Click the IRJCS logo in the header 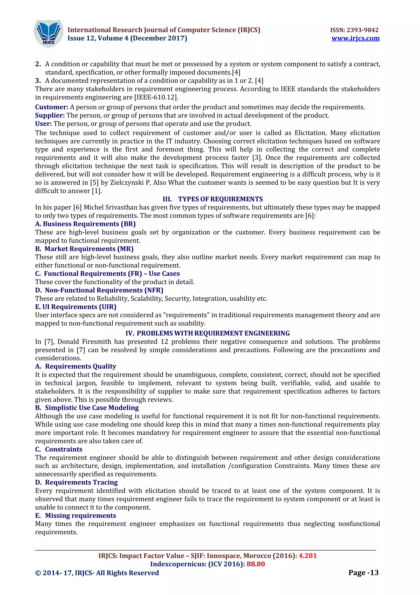click(x=48, y=33)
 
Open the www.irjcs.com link click(x=355, y=38)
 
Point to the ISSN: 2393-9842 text click(x=354, y=30)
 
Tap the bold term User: click(x=43, y=124)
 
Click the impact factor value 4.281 click(x=308, y=556)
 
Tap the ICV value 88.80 click(x=256, y=564)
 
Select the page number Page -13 click(x=363, y=573)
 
